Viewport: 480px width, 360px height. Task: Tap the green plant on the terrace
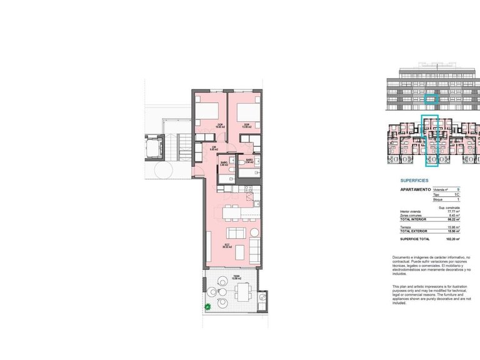208,307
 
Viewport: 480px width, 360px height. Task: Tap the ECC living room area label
226,246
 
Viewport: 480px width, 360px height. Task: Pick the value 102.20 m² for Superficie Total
453,239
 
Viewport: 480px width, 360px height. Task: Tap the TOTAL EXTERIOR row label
414,231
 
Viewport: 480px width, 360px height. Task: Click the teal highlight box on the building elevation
431,98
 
